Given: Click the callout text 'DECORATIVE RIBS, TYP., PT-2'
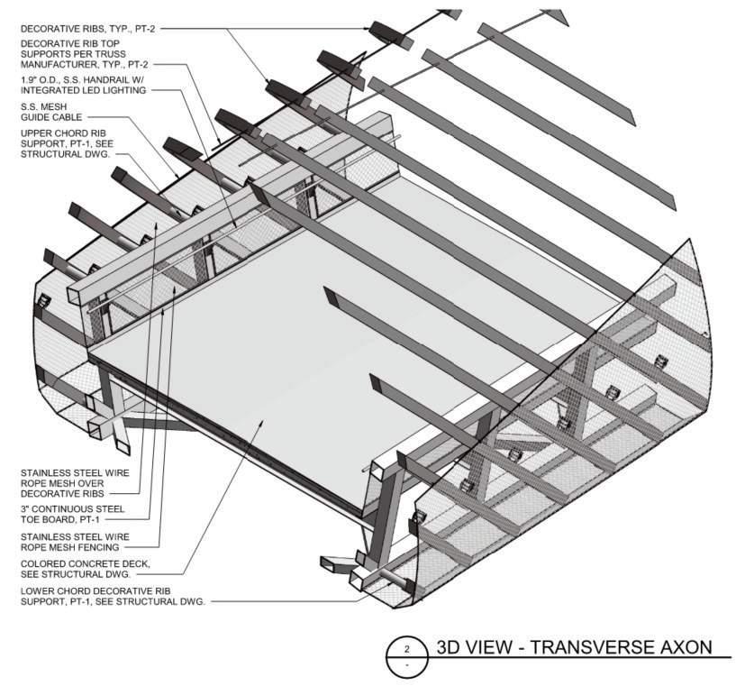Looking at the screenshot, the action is click(x=88, y=29).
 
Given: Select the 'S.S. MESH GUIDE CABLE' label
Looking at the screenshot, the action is click(x=51, y=112).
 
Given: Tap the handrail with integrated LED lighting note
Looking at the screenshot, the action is click(x=83, y=85).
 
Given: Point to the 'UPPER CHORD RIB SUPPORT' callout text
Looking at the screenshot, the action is click(x=67, y=143).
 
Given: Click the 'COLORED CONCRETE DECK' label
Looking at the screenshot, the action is click(x=86, y=569).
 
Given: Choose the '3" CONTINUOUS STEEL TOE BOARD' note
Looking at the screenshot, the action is click(x=73, y=515).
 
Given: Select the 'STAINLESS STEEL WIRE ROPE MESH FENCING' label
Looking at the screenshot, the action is click(x=75, y=542).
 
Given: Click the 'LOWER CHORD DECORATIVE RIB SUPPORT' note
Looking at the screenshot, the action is click(x=113, y=596).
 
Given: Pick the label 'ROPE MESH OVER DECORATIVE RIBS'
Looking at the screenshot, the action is click(x=62, y=489).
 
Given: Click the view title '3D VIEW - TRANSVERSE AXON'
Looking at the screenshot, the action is click(x=574, y=647).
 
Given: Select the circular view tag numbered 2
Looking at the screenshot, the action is click(x=406, y=656).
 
